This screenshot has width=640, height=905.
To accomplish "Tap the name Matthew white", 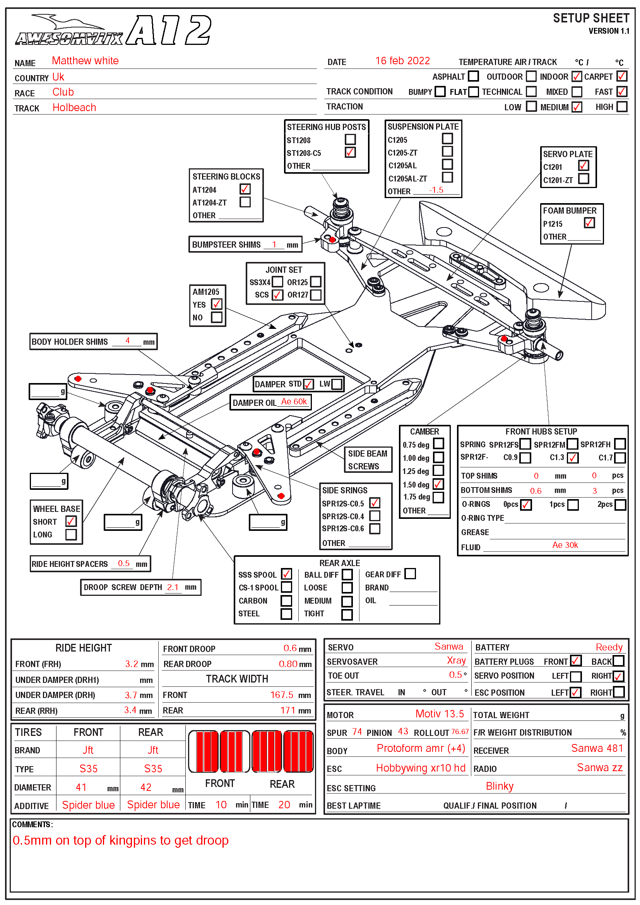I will [x=85, y=61].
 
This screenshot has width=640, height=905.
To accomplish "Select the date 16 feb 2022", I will [x=402, y=61].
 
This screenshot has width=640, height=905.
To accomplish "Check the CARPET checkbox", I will [x=622, y=76].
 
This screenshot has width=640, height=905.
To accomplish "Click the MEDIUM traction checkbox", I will [x=577, y=107].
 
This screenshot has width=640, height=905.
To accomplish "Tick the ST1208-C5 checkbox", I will [x=350, y=152].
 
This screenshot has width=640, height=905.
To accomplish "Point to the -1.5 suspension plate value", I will [x=436, y=190].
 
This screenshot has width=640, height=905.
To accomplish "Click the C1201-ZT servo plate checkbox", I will [x=584, y=179].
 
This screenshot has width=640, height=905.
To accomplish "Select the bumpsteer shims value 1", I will [x=274, y=245].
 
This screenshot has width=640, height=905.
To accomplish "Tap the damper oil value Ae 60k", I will [x=294, y=402].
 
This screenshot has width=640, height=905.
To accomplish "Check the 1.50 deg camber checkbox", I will [x=438, y=484].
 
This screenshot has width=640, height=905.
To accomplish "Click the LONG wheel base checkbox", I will [x=71, y=534].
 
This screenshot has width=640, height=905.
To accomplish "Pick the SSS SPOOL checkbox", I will [x=286, y=574].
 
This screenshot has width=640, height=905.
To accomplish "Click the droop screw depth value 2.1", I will [x=173, y=587].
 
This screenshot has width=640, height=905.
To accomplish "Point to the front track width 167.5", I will [x=282, y=695].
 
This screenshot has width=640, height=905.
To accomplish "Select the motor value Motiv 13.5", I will [x=440, y=714].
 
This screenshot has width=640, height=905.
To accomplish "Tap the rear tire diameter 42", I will [x=146, y=787].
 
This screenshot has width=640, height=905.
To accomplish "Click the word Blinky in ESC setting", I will [x=499, y=786].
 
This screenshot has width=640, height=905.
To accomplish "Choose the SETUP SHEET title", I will [x=591, y=19].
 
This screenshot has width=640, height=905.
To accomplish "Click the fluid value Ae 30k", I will [x=565, y=545].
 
